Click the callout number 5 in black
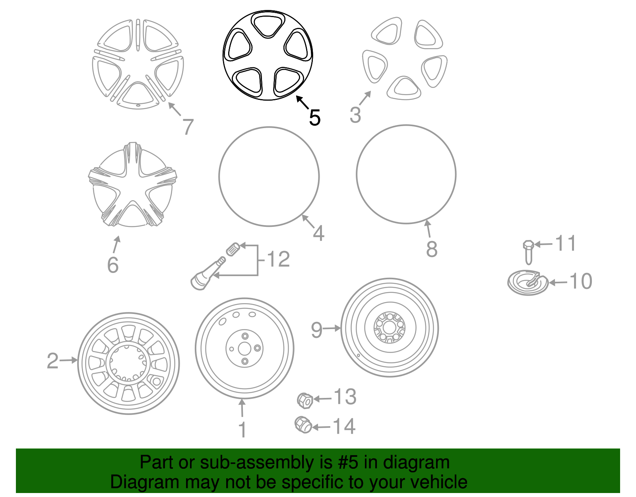314,117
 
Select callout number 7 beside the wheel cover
188,127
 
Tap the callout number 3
355,115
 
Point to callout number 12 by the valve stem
278,259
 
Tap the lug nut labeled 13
305,400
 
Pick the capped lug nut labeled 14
303,425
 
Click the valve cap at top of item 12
233,249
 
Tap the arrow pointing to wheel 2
69,360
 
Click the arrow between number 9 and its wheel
332,328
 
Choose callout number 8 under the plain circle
432,249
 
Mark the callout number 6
113,265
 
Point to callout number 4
318,233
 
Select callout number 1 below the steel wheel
242,430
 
